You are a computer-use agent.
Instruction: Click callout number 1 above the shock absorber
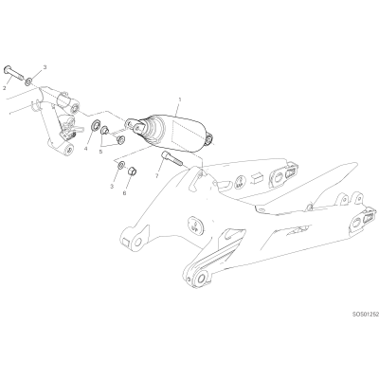click(180, 99)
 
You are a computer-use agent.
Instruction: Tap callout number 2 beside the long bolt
click(5, 88)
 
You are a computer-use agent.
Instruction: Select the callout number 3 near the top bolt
click(45, 67)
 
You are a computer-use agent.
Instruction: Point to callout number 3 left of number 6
click(112, 187)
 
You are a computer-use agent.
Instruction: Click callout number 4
click(85, 148)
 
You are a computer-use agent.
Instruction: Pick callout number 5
click(100, 152)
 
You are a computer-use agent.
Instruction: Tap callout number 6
click(124, 193)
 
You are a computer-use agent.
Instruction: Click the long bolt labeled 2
click(13, 74)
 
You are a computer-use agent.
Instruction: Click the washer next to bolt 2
click(28, 82)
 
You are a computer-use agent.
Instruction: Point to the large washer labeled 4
click(95, 125)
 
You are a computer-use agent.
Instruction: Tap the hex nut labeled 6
click(132, 171)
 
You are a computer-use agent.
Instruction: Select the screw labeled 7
click(171, 158)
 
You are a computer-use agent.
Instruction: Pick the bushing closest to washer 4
click(104, 130)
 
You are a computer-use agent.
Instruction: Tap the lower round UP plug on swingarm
click(195, 225)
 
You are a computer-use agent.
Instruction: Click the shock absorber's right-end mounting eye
click(209, 138)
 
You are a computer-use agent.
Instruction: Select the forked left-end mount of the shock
click(135, 124)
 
